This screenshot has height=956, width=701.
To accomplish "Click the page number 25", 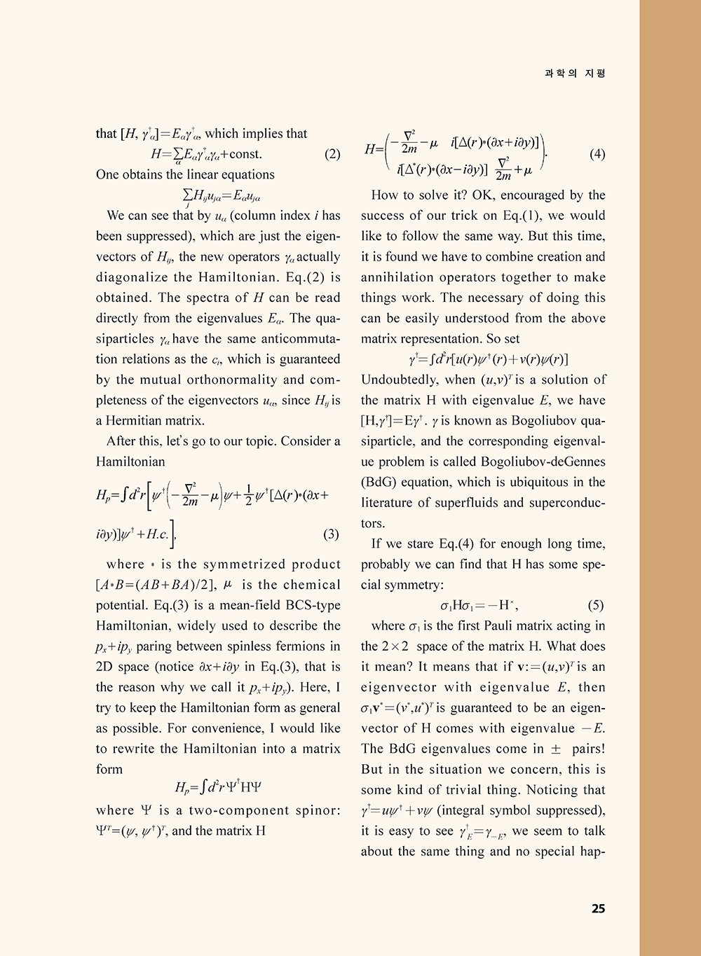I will click(x=598, y=909).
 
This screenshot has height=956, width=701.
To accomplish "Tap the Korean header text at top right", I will click(x=575, y=73).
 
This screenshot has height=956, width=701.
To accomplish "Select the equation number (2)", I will click(x=332, y=154).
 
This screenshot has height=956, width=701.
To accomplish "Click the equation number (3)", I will click(x=332, y=534).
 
